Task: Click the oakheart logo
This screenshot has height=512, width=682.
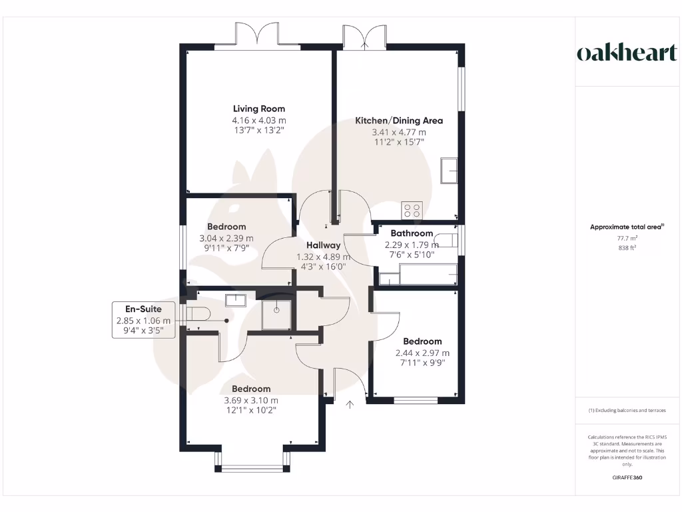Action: tap(626, 53)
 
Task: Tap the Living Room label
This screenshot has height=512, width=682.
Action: tap(259, 109)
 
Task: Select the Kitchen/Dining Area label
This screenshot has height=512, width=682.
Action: tap(398, 121)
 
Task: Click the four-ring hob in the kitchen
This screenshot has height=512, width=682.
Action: tap(412, 211)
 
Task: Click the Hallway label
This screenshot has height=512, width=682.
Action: tap(323, 245)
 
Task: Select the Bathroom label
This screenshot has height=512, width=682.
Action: tap(412, 233)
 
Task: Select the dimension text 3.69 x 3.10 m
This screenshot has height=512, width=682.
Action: tap(251, 400)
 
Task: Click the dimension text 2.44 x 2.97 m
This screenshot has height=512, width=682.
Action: tap(422, 353)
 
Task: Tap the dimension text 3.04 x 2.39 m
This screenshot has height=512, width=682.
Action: tap(226, 238)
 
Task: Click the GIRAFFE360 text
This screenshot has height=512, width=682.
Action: tap(626, 477)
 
